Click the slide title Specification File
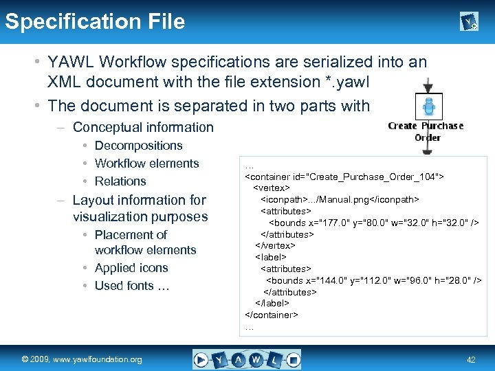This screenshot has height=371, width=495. [x=95, y=21]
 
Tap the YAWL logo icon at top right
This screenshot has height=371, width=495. [x=469, y=23]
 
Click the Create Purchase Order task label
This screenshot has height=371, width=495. [x=426, y=131]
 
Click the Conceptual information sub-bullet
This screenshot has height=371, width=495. [x=143, y=127]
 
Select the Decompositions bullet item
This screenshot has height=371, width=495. [x=138, y=146]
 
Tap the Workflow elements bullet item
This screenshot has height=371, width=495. [x=146, y=164]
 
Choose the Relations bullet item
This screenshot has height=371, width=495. [x=120, y=181]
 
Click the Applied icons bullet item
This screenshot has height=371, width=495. [x=131, y=268]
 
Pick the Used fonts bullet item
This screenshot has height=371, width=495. [x=131, y=286]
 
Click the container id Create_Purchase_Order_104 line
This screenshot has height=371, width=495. [x=344, y=177]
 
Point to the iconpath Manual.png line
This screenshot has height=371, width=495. [x=340, y=199]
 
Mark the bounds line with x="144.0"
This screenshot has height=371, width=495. [x=373, y=280]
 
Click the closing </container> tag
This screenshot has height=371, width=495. [x=272, y=315]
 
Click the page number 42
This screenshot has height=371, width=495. [x=471, y=359]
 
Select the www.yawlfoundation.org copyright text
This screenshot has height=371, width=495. [x=81, y=359]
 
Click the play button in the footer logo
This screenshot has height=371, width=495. [x=201, y=359]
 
